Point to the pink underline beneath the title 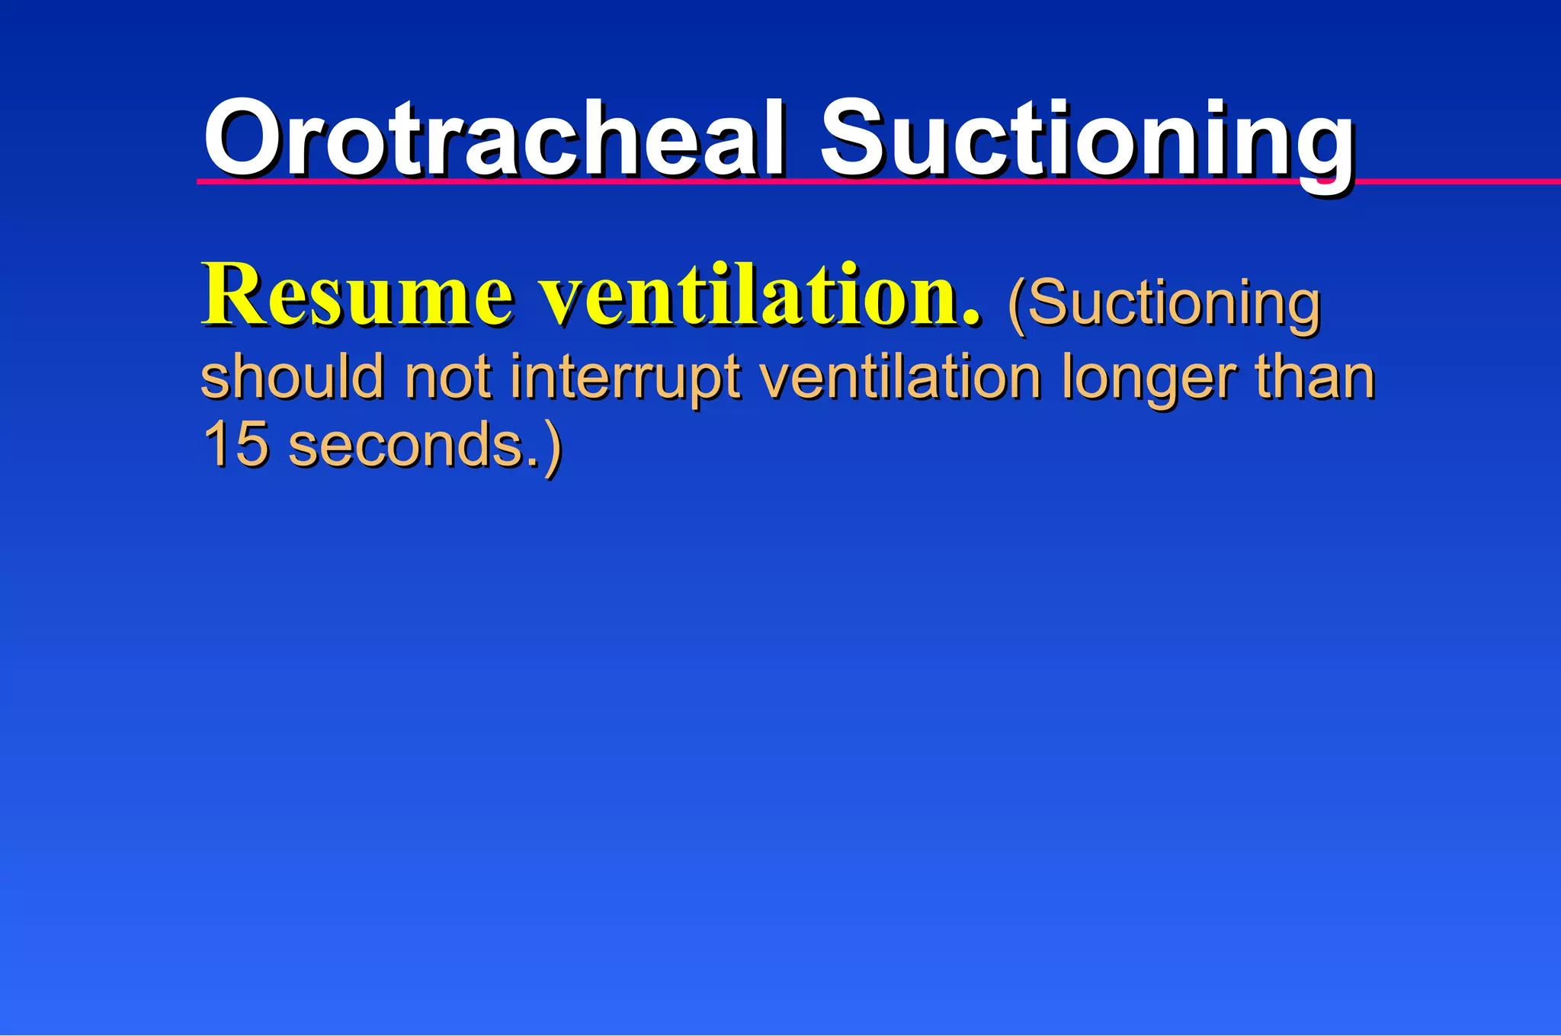(1448, 181)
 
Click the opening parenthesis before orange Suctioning (1017, 305)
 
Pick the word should (292, 376)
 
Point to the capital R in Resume (232, 295)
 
